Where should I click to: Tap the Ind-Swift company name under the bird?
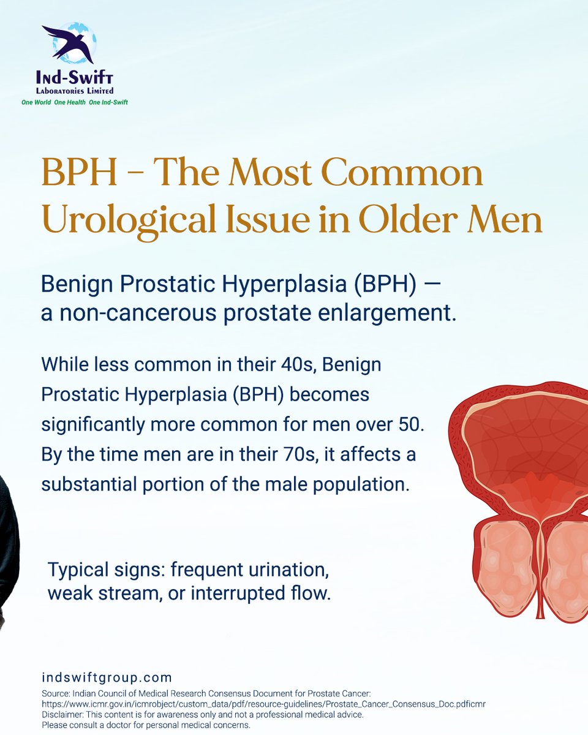tap(75, 78)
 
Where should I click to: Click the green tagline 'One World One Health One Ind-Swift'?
tap(75, 102)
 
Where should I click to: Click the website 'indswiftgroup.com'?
tap(107, 678)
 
